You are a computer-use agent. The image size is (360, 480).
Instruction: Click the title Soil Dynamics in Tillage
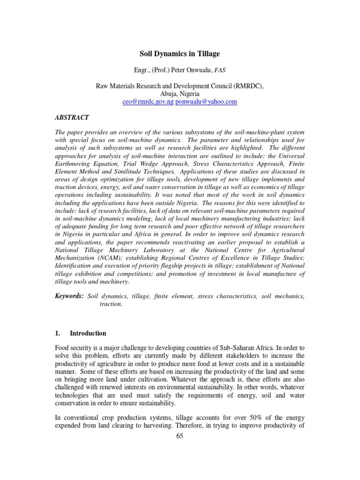(180, 54)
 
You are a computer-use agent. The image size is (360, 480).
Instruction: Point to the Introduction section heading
(88, 333)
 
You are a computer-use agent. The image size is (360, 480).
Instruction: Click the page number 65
(180, 436)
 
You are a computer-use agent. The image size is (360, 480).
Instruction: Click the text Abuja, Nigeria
(180, 93)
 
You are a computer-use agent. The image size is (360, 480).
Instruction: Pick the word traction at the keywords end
(111, 304)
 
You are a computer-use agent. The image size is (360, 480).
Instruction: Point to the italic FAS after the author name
(220, 70)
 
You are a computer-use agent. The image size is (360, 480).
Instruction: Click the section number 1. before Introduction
(58, 333)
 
